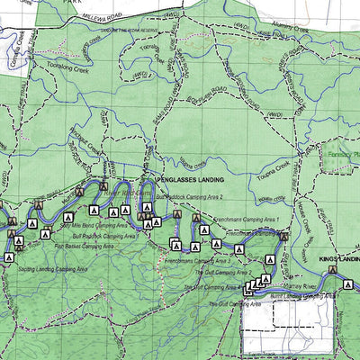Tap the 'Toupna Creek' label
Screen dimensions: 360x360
tap(274, 167)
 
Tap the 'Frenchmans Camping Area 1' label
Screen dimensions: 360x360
tap(247, 219)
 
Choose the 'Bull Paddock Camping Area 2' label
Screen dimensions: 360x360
tap(188, 195)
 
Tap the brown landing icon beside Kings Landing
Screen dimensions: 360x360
tap(331, 268)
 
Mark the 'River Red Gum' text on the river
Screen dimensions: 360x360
tap(126, 192)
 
